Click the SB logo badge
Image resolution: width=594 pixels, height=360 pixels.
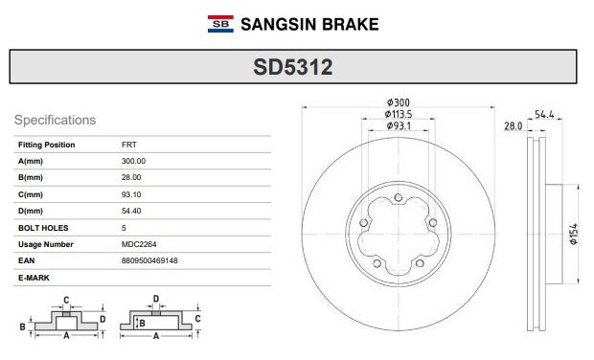[x=220, y=24]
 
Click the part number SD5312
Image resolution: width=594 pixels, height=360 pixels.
[x=293, y=67]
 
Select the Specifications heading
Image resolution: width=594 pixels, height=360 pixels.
[x=55, y=120]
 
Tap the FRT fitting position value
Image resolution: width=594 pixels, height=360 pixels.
[x=129, y=145]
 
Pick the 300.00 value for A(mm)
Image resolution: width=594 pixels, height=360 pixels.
[x=133, y=161]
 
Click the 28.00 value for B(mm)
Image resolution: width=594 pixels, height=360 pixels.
[x=131, y=177]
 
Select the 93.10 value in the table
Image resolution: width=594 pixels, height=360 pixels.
[x=131, y=194]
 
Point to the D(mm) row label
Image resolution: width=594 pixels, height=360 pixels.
[x=31, y=211]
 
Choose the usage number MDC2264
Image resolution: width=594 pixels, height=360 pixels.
[x=139, y=244]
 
